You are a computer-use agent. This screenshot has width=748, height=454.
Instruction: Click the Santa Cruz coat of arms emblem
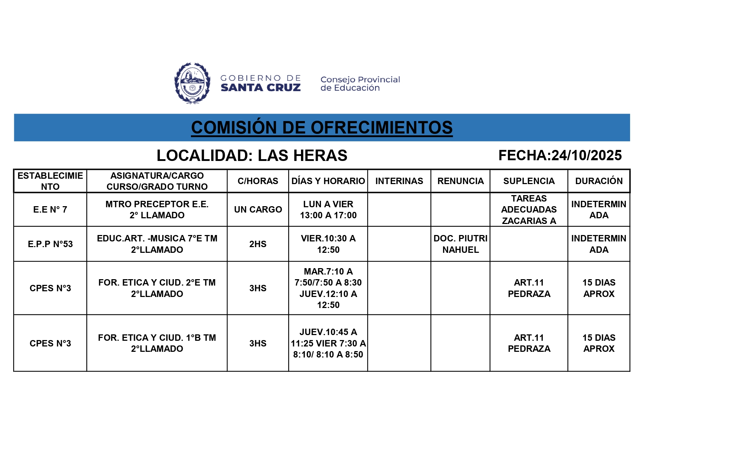coord(192,83)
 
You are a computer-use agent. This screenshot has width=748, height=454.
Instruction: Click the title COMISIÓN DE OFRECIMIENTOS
coord(322,127)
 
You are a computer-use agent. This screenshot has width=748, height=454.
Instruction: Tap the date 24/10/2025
coord(586,155)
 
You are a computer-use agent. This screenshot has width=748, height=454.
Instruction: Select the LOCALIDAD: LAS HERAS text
coord(252,155)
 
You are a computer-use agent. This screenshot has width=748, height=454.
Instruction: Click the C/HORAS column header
coord(258,181)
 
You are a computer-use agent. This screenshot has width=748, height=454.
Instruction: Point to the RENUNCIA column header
coord(460,181)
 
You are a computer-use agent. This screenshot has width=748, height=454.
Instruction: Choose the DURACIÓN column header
coord(599,181)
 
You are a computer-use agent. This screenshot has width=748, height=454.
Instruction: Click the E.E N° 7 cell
coord(50,209)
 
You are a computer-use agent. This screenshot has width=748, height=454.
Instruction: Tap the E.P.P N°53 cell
coord(50,244)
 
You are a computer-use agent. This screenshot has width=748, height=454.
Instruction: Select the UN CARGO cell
coord(258,209)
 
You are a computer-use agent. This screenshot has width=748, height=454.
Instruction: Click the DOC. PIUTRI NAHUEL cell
coord(460,244)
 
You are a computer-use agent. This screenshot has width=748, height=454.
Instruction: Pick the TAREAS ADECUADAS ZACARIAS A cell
coord(529,209)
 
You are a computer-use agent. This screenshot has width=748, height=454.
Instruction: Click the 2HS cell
coord(258,244)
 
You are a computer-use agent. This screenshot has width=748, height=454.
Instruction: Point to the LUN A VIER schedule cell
coord(328,209)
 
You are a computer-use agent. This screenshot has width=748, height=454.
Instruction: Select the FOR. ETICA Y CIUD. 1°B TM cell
coord(157,343)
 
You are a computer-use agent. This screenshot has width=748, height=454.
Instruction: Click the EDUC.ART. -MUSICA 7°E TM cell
coord(157,244)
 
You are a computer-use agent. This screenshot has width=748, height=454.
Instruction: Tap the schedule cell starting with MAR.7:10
coord(328,288)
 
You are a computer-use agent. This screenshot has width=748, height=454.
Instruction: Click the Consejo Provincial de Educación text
coord(360,84)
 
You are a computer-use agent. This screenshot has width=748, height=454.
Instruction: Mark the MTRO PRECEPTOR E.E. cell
coord(157,209)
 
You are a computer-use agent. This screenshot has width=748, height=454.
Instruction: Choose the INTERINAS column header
coord(399,181)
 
